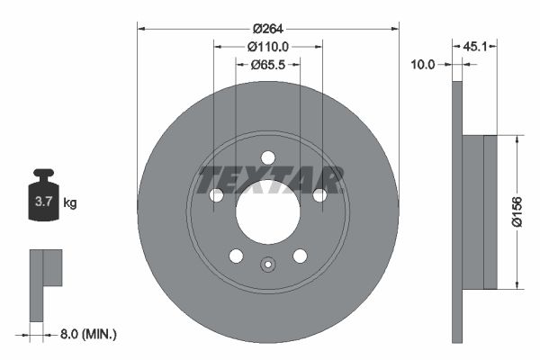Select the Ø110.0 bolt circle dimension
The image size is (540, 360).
click(267, 46)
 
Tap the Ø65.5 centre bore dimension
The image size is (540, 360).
click(267, 65)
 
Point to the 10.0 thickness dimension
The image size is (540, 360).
click(422, 65)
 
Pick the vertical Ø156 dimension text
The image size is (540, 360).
click(518, 212)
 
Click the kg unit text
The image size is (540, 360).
click(70, 202)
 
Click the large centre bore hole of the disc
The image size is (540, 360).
click(267, 211)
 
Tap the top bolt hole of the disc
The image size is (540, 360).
click(267, 157)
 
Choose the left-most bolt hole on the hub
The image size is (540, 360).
click(216, 195)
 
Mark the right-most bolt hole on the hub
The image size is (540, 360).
click(319, 195)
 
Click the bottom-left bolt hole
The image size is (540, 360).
click(236, 256)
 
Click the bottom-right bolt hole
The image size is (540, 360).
click(299, 256)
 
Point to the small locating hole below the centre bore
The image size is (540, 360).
click(267, 265)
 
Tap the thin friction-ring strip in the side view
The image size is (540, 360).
click(456, 212)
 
